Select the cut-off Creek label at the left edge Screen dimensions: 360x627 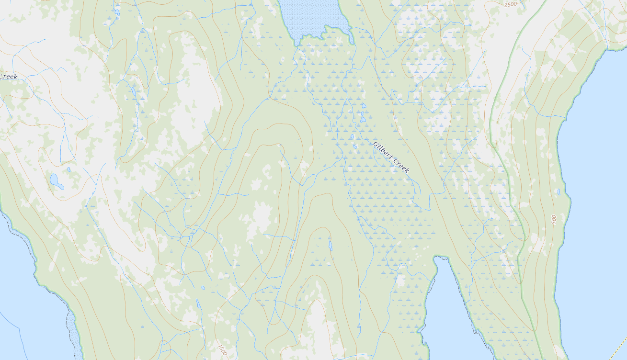(x=9, y=77)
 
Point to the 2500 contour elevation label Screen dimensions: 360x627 (x=511, y=4)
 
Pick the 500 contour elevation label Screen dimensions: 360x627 (x=554, y=220)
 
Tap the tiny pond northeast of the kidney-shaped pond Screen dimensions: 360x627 (x=69, y=169)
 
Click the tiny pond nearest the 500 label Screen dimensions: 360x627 (x=559, y=192)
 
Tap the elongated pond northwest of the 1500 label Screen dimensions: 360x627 (x=198, y=305)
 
